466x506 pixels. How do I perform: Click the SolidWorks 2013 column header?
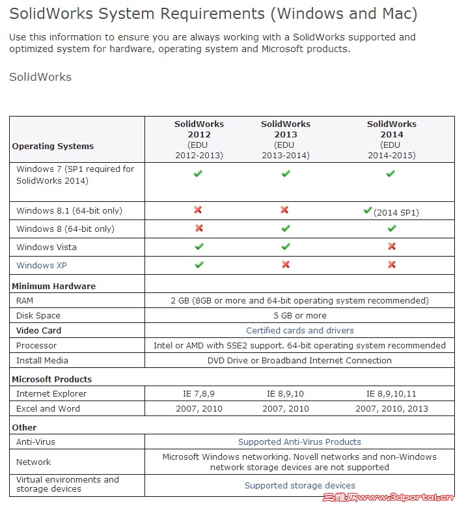286,139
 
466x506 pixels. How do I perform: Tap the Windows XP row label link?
42,265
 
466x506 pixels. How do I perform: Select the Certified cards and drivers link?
300,330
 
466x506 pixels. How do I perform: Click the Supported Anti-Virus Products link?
299,442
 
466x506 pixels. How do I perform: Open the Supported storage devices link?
300,485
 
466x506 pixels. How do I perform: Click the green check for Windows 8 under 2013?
285,229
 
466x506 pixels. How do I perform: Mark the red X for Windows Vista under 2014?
391,247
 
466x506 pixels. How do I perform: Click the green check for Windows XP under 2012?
199,265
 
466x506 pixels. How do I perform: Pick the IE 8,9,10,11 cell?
391,393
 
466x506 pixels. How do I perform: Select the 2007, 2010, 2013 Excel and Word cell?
392,408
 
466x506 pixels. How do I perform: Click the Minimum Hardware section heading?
53,286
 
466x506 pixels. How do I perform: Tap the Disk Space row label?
38,315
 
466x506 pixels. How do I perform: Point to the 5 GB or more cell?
300,315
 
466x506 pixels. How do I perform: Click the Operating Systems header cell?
53,146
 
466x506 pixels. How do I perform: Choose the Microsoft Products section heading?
51,379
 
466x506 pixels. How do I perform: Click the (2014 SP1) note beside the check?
396,212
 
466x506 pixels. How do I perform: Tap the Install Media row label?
42,360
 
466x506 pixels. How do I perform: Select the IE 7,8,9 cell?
199,393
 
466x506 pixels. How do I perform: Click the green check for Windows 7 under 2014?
391,174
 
